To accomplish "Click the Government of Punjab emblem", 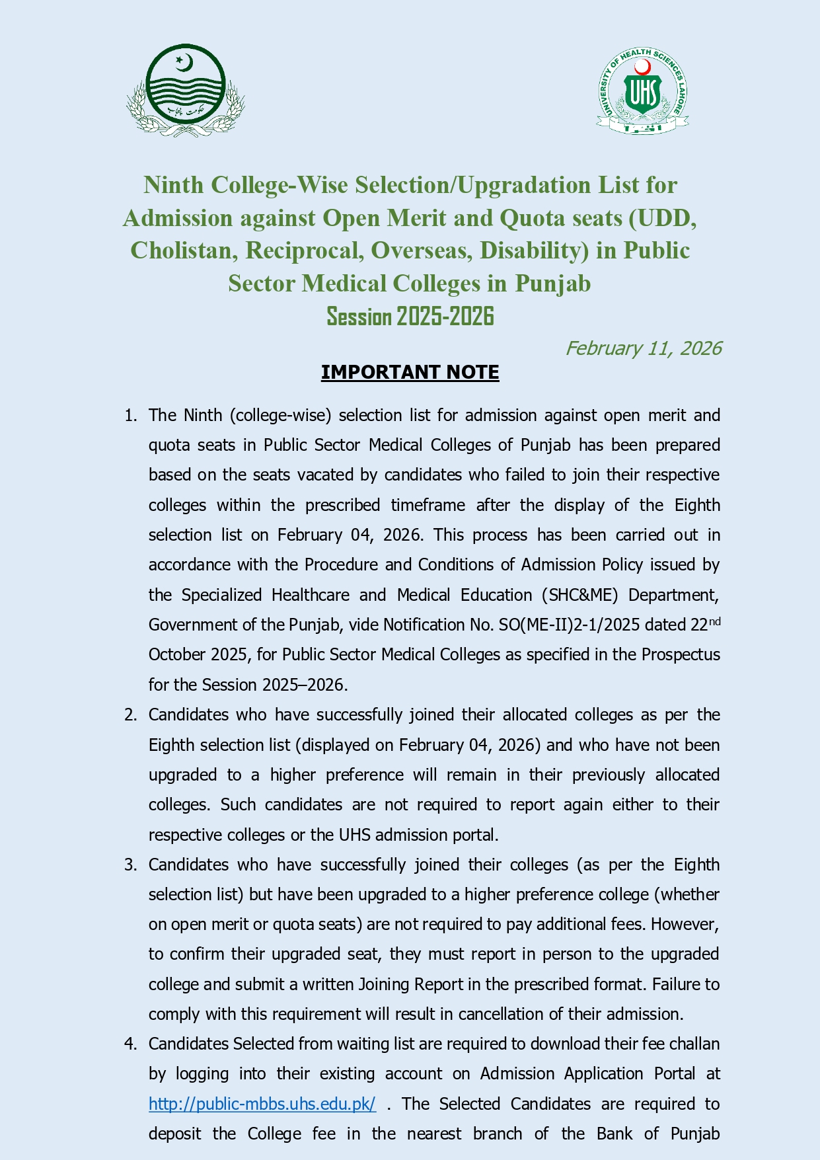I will click(186, 91).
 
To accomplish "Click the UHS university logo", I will click(642, 91).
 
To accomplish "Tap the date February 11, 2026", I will click(643, 348).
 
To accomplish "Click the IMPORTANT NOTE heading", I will click(410, 373).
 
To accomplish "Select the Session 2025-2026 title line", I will click(410, 317).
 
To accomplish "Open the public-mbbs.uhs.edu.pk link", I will click(262, 1104).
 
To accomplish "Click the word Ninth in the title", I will click(174, 185).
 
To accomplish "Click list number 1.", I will click(130, 416).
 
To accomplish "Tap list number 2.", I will click(130, 715).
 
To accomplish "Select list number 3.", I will click(130, 865).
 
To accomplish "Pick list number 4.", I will click(130, 1044).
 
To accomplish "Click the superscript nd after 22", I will click(714, 621).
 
